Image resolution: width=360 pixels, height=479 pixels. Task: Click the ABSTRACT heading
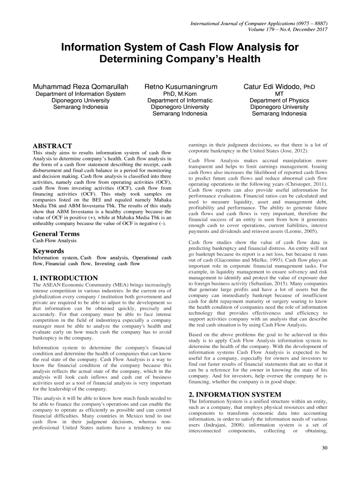[51, 146]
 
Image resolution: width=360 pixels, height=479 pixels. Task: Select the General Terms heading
[56, 234]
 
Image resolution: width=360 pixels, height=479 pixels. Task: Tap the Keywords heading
[48, 251]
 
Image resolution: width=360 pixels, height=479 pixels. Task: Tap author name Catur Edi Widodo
[274, 87]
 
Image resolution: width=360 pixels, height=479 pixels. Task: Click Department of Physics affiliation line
[279, 101]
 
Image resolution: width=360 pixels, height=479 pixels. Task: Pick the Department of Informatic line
[180, 101]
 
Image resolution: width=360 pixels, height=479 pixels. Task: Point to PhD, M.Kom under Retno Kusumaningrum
[180, 94]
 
